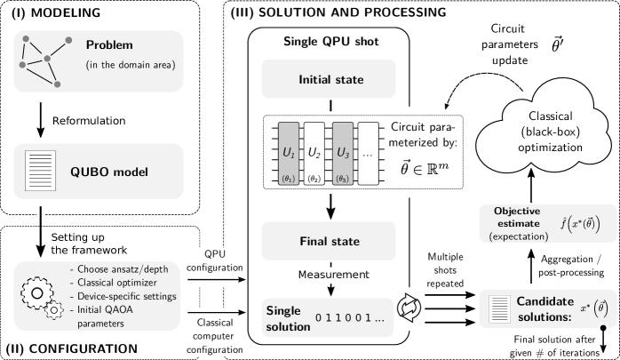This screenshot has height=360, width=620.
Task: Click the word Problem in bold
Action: [108, 45]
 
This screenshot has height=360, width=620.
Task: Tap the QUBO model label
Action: [108, 172]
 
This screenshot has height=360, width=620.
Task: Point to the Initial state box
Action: [329, 79]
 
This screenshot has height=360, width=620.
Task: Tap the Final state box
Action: [329, 241]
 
